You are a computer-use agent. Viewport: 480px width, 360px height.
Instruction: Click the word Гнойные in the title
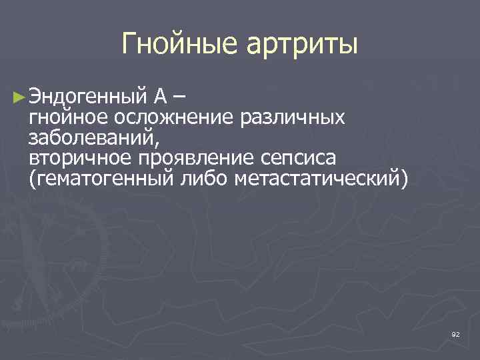182,45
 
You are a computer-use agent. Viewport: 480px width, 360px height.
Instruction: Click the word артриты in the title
303,45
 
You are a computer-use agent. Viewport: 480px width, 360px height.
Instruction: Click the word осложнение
173,118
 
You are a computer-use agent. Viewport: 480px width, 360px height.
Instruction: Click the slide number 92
455,333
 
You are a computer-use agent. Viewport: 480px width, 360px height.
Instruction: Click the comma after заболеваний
157,143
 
